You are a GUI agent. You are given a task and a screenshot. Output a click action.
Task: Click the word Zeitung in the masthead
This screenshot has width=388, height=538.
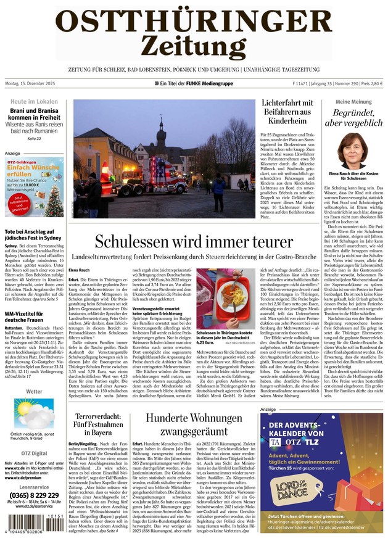pos(193,45)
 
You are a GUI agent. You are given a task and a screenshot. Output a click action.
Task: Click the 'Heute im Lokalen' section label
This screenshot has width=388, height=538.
pos(34,102)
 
